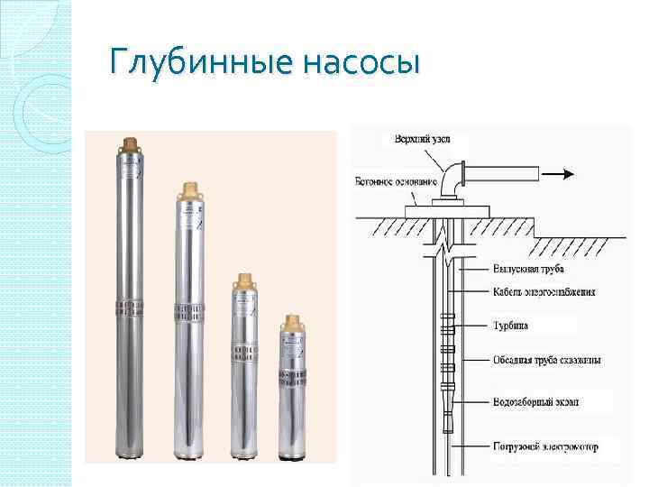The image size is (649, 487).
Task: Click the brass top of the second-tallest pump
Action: coord(189,190)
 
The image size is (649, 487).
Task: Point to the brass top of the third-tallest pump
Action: coord(242,280)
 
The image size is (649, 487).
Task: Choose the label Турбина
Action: coord(512,326)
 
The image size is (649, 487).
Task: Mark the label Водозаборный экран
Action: coord(535,400)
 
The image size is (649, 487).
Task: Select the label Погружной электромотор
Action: coord(544,446)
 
